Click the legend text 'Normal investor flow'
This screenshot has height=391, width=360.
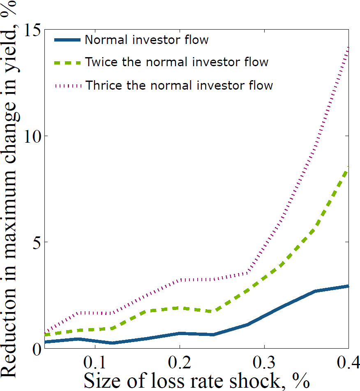pos(147,40)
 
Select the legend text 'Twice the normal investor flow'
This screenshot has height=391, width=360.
pos(177,62)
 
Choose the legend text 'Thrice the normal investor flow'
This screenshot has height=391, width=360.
pos(179,85)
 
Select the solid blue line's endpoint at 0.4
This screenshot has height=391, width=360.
pos(348,286)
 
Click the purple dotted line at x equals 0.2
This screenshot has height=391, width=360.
pos(180,280)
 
